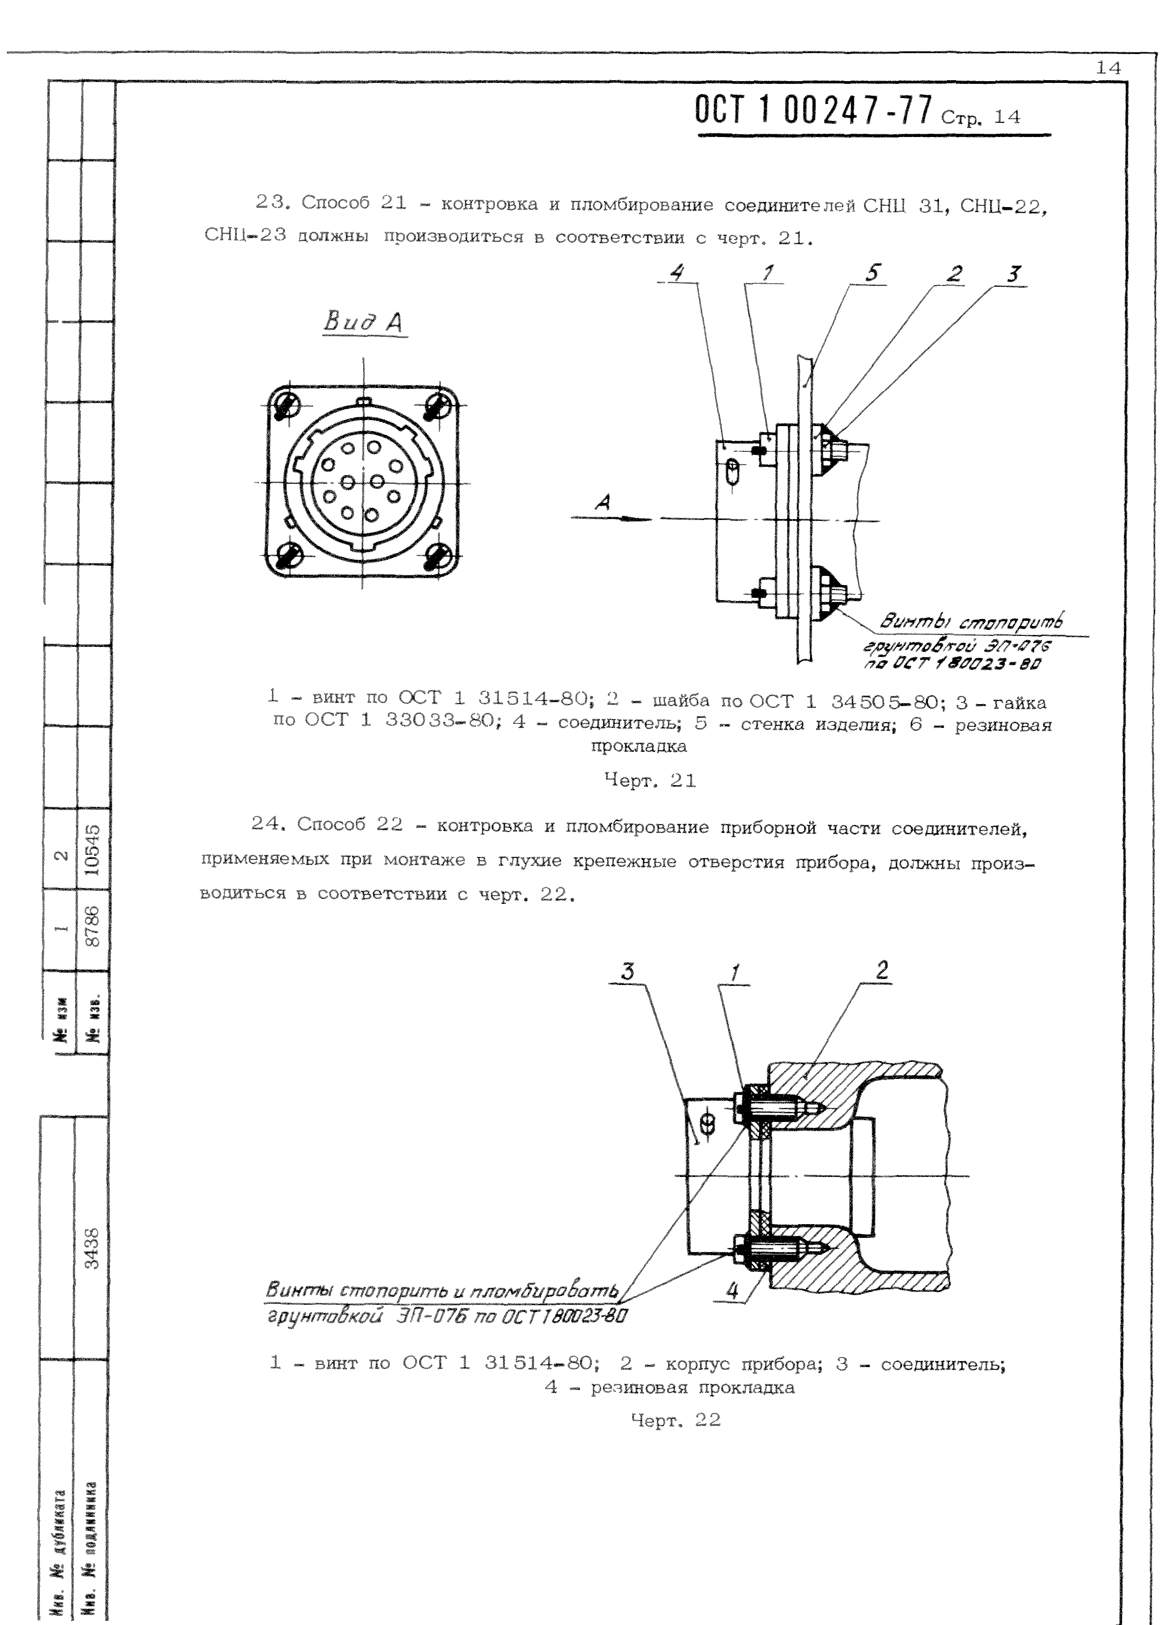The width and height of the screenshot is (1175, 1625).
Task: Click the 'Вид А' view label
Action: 363,323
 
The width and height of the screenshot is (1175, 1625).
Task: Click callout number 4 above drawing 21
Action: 677,273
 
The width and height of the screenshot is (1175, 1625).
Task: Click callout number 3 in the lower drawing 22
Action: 628,972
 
